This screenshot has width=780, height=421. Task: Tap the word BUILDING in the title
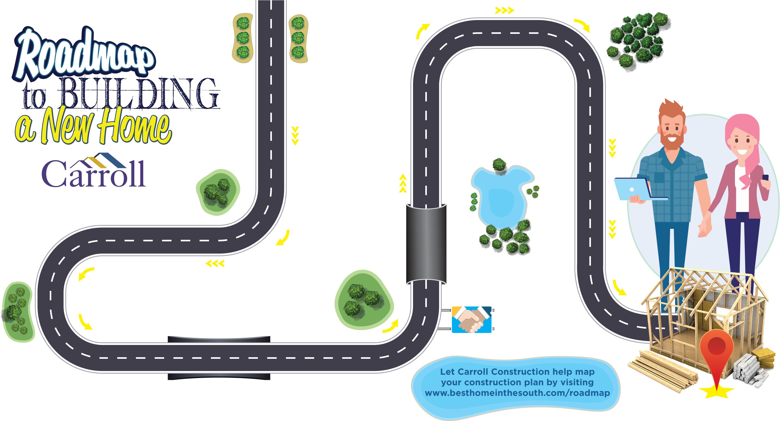(139, 93)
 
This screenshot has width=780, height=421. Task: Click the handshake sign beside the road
(471, 320)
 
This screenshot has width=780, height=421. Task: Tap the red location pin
(716, 351)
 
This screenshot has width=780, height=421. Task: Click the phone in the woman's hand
(765, 178)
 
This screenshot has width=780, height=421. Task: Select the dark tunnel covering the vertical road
(426, 244)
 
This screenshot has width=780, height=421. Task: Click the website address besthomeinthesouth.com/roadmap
(517, 393)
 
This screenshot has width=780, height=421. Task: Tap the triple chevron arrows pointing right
(504, 11)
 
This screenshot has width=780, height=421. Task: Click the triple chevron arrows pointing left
(215, 264)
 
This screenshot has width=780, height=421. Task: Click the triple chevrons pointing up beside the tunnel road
(403, 183)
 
